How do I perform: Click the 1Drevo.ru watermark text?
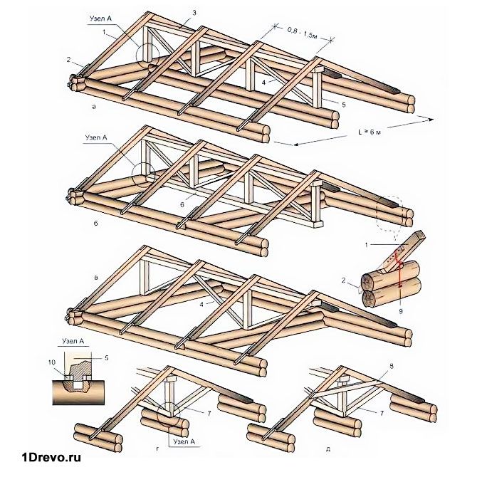(51, 456)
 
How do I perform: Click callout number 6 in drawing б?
(182, 204)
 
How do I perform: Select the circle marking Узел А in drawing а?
(147, 55)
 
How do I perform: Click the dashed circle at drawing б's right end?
(394, 211)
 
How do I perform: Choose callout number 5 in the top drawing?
(343, 105)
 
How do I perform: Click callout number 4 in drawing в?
(201, 304)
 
